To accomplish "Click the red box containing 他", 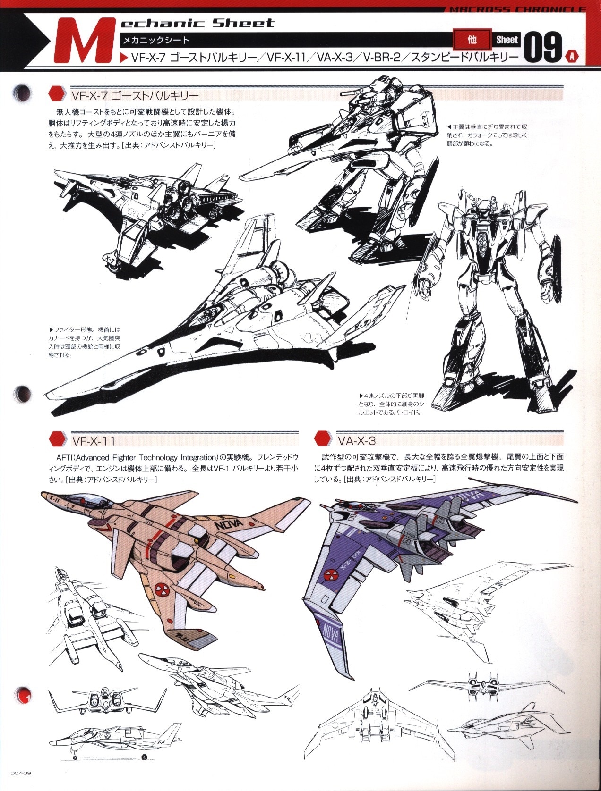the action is pos(472,40).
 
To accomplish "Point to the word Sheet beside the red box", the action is pos(507,40).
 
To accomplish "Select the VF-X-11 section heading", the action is pos(94,440).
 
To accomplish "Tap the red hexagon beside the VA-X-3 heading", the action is pos(323,438).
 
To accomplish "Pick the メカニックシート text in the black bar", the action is pos(156,40).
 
